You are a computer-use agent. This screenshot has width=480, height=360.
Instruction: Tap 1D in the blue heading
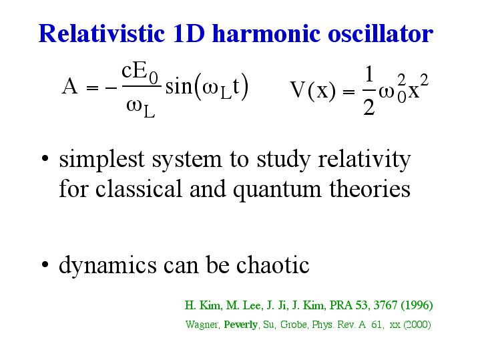188,33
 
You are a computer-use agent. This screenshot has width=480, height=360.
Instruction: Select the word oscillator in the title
381,33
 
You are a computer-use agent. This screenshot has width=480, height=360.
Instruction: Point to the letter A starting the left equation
69,86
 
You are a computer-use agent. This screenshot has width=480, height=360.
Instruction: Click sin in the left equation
179,86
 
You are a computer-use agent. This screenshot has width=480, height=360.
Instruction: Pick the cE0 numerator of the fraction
140,73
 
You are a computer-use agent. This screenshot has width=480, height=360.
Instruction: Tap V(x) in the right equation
312,90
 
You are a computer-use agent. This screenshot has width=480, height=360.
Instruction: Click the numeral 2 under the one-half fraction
369,108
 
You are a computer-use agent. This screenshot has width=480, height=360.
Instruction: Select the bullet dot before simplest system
45,158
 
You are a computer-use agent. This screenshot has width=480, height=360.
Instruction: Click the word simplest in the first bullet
101,160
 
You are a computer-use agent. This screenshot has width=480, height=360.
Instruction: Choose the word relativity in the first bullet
365,160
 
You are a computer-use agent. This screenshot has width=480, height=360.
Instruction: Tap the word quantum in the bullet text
277,189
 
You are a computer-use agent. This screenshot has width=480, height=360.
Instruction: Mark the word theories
370,188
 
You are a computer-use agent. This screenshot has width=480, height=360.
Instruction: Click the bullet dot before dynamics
45,264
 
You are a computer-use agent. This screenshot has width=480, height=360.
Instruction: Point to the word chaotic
273,264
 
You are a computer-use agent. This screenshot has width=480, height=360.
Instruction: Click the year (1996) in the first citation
417,305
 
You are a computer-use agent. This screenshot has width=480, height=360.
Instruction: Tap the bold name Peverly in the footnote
241,325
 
